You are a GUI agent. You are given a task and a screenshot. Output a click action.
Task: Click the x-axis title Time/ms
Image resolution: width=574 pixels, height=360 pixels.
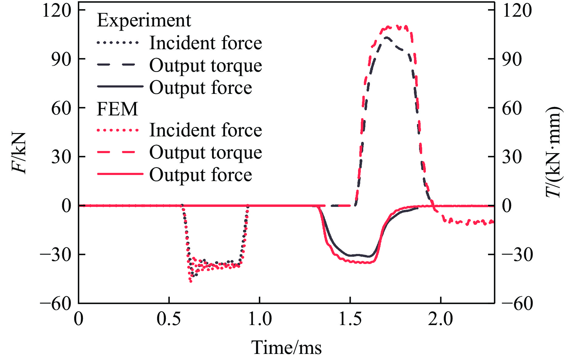tap(286, 348)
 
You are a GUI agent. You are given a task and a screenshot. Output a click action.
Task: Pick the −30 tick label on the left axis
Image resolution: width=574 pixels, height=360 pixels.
tap(56, 255)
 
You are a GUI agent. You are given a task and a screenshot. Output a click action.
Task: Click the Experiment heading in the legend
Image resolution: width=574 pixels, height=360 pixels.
tap(144, 21)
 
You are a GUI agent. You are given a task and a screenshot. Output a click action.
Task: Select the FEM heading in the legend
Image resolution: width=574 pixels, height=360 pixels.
tap(117, 109)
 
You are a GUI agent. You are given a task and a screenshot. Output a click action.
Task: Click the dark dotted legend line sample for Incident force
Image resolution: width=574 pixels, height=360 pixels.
tap(118, 43)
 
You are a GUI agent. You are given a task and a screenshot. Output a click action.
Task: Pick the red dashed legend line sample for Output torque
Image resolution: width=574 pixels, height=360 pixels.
tap(118, 152)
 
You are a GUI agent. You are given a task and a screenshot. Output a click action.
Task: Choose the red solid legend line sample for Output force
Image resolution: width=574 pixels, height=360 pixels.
tap(120, 174)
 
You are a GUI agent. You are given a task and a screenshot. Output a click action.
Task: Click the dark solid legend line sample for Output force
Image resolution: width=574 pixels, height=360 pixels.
tap(120, 87)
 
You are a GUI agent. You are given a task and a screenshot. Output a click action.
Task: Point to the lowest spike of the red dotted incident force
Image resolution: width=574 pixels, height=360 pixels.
tap(191, 282)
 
